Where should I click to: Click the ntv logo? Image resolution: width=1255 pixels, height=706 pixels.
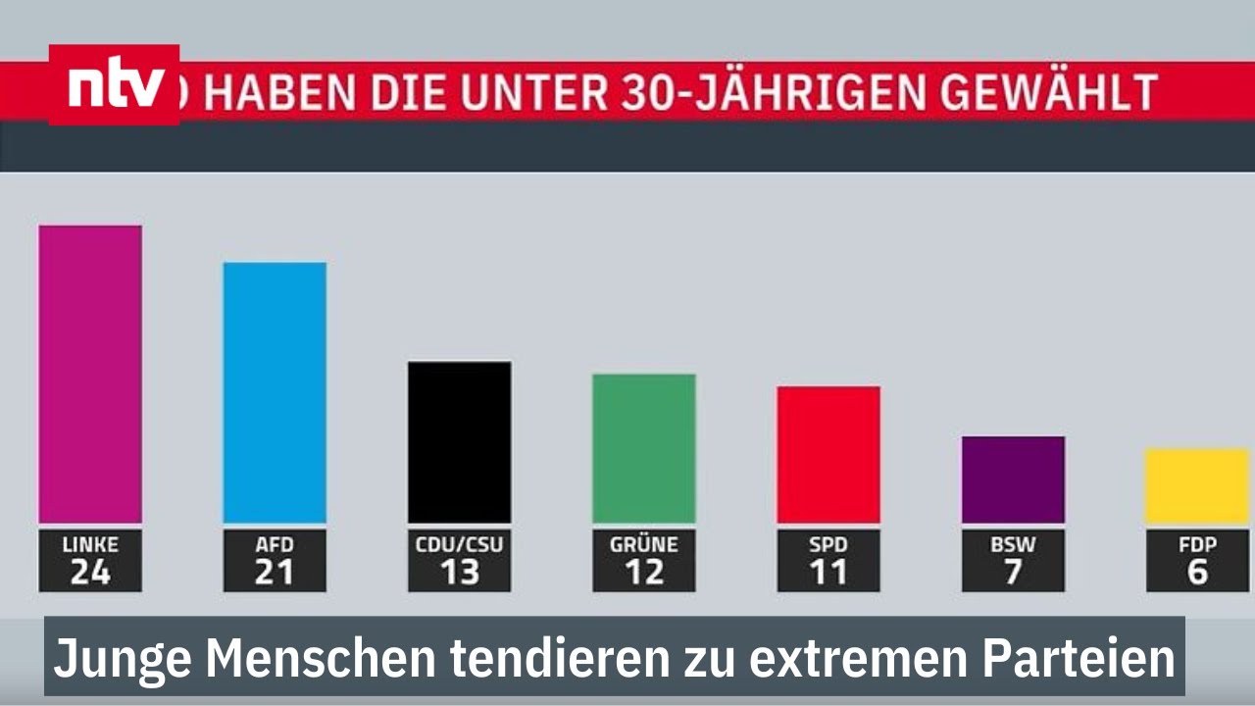coord(114,85)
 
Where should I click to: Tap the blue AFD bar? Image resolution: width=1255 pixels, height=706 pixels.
coord(275,392)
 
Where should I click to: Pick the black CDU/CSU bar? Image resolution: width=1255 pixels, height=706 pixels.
coord(459,442)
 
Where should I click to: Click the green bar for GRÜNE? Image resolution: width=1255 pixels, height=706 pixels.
coord(643,448)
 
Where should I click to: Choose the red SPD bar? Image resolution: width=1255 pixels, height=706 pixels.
coord(828,455)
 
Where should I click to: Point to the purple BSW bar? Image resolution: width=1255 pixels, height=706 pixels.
coord(1013,479)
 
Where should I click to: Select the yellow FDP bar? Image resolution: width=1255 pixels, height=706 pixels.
coord(1197,486)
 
